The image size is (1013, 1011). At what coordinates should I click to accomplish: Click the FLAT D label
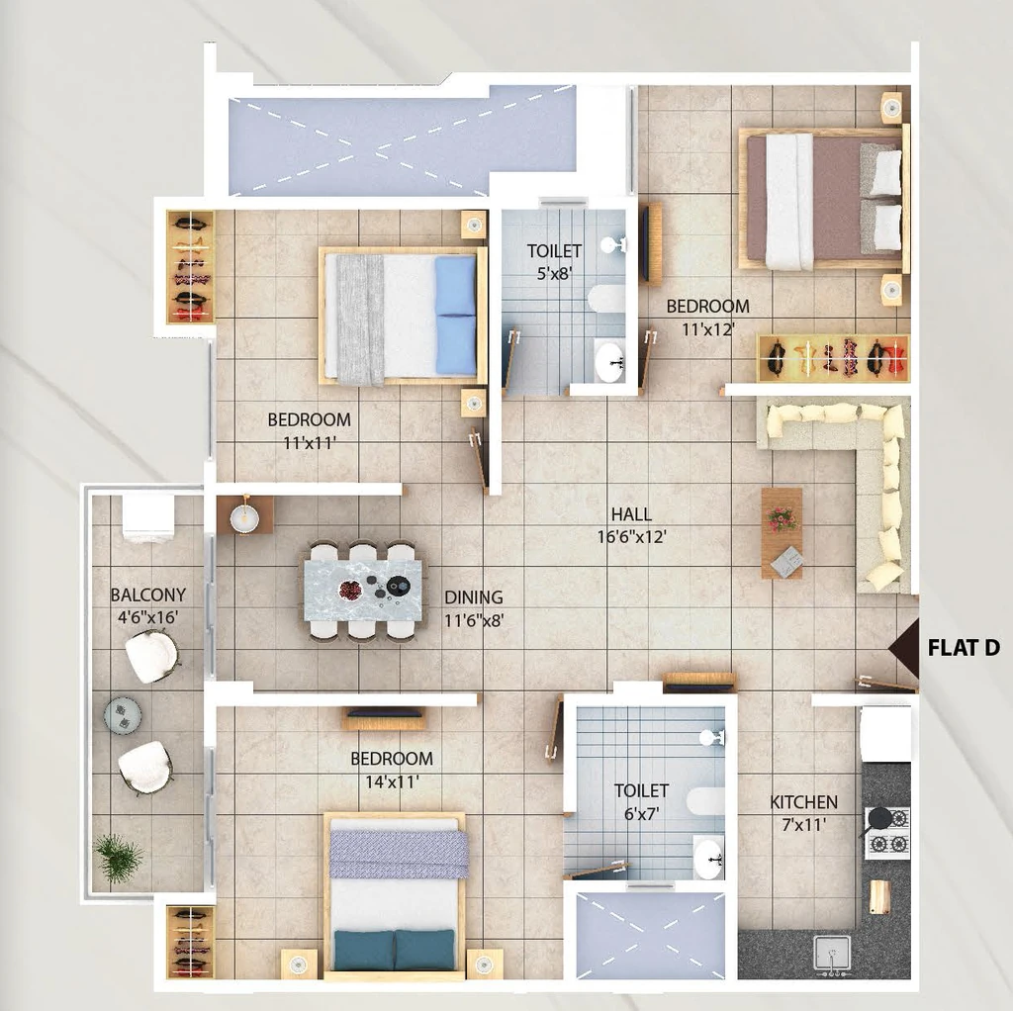(964, 647)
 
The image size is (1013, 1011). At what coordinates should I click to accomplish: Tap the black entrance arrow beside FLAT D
(904, 648)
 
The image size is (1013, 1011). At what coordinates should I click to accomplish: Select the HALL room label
(631, 514)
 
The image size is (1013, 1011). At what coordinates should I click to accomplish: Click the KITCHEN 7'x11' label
(803, 813)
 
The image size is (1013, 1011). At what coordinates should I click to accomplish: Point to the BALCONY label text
(148, 595)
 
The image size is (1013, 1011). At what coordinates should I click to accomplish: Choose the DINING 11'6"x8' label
(474, 608)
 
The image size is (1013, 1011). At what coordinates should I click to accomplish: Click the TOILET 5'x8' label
(554, 261)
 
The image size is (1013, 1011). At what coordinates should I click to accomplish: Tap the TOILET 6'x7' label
(641, 801)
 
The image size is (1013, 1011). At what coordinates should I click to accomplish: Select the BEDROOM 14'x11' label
(392, 770)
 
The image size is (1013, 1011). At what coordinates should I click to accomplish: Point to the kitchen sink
(831, 955)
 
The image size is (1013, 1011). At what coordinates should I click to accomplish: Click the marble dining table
(364, 591)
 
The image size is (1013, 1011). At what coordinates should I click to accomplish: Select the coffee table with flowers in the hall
(782, 533)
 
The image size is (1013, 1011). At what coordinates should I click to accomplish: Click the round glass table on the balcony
(122, 714)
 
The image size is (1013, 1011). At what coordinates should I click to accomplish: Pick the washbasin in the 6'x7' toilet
(708, 859)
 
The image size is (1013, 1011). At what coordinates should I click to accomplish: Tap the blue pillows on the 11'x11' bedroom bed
(455, 315)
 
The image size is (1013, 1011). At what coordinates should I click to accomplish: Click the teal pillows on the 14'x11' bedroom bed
(394, 949)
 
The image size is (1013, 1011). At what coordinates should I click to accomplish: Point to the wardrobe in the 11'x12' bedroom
(833, 357)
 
